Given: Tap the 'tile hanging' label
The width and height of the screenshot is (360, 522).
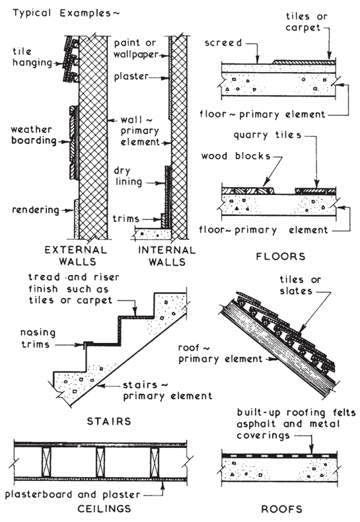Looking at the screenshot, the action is [x=32, y=57].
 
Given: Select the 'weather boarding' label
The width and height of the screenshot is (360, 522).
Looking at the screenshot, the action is [x=33, y=135].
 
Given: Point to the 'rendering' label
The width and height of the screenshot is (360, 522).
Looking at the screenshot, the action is [x=36, y=210].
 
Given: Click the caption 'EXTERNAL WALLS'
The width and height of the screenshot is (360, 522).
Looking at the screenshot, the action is [x=76, y=256].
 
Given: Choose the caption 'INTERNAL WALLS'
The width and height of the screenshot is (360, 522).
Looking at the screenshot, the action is [x=167, y=256].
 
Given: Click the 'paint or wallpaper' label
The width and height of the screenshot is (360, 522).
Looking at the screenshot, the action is [x=136, y=49].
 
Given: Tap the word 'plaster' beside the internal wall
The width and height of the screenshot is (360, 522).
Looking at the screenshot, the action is [x=131, y=76].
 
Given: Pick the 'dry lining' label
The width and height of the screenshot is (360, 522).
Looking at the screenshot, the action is [x=127, y=176].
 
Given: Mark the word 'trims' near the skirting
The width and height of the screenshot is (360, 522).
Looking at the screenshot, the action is [x=126, y=219].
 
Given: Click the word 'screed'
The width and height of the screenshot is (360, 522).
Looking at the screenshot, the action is [x=223, y=43].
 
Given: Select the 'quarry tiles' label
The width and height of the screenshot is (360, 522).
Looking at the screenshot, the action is [x=268, y=135].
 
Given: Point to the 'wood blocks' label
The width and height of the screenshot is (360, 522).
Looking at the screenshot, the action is [x=236, y=156].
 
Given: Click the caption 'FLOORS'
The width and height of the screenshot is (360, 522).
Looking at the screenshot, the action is [x=281, y=256].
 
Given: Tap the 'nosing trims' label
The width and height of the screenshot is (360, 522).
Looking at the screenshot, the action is [x=38, y=338].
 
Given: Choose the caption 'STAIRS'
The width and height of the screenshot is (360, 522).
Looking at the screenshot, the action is [x=109, y=421].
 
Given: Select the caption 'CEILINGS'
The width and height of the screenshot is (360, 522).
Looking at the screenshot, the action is [x=104, y=509].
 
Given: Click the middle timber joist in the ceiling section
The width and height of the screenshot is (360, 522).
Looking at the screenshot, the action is [x=100, y=463].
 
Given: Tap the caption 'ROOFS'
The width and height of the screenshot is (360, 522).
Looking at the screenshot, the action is [x=282, y=509].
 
